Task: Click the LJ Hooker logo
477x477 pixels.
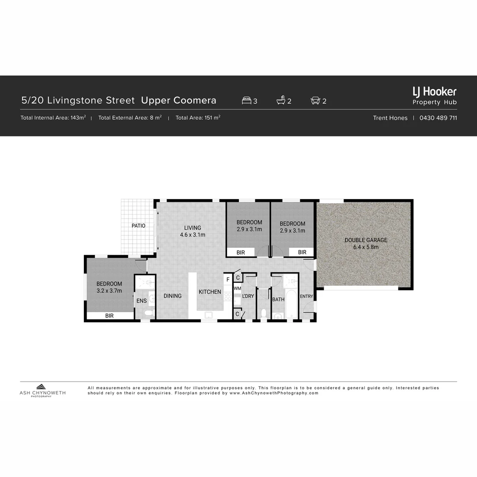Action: coord(434,92)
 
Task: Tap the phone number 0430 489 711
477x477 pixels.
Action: coord(438,118)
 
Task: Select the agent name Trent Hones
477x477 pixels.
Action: coord(390,118)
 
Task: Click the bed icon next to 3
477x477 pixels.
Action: coord(246,101)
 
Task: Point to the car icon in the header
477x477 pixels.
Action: coord(315,101)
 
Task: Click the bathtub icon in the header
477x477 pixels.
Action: coord(281,101)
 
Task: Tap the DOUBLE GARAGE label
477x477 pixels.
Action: coord(366,240)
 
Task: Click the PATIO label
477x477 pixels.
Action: coord(138,226)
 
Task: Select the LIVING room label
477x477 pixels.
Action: coord(193,228)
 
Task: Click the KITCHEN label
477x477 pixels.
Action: coord(210,292)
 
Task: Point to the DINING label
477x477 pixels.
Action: coord(172,296)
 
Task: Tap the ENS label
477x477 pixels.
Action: coord(141,301)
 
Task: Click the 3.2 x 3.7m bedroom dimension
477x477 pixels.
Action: coord(109,291)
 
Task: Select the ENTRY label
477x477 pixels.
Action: coord(306,296)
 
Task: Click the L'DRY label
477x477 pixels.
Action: coord(248,296)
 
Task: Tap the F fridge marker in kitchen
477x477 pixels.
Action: coord(228,279)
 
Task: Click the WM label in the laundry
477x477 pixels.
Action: coord(237,288)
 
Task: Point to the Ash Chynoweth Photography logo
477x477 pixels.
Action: coord(42,390)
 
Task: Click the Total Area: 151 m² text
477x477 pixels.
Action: coord(198,118)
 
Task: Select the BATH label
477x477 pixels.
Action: coord(278,299)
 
